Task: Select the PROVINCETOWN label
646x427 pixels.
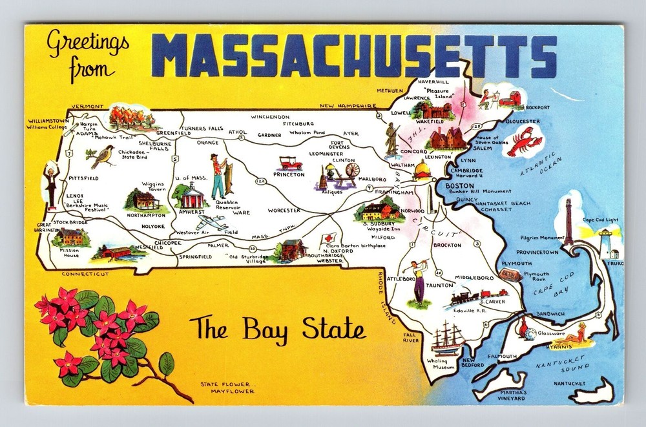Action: click(x=536, y=252)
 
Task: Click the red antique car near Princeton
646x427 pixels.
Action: click(x=290, y=163)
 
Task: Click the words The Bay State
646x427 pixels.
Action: click(x=277, y=329)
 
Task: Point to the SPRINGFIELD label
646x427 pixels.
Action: click(x=195, y=257)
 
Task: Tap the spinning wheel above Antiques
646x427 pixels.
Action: click(x=346, y=174)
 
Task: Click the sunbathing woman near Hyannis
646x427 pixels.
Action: click(x=571, y=337)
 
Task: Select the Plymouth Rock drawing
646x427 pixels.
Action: click(x=510, y=275)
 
